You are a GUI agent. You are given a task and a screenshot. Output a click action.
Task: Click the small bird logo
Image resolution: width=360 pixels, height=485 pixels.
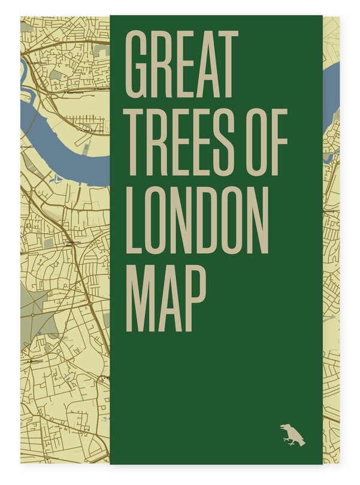(292, 435)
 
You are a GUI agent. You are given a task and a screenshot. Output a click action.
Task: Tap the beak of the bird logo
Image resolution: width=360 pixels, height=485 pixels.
(282, 427)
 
